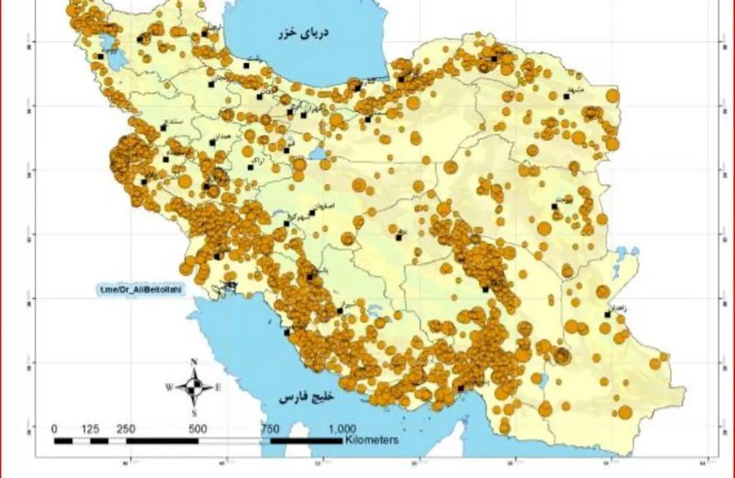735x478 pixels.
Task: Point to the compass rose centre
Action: tap(194, 386)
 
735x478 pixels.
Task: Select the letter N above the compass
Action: tap(194, 362)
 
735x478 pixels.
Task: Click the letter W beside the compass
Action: tap(168, 387)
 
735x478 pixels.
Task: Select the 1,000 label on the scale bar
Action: tap(343, 428)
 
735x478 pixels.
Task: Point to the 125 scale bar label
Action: tap(90, 428)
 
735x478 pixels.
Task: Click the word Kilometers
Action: tap(371, 439)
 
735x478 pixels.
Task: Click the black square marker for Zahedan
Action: tap(607, 315)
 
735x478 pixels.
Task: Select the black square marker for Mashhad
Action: tap(566, 96)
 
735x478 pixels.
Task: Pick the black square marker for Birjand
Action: tap(554, 207)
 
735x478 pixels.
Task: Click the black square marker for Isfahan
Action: tap(312, 213)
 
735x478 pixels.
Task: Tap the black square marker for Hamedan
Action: tap(213, 143)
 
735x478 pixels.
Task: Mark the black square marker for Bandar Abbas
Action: tap(461, 388)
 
